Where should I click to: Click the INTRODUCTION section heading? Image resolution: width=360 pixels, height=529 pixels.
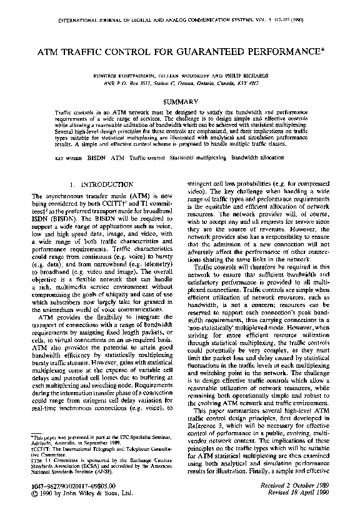pos(99,185)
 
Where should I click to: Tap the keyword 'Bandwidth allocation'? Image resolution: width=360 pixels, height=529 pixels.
pos(265,158)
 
